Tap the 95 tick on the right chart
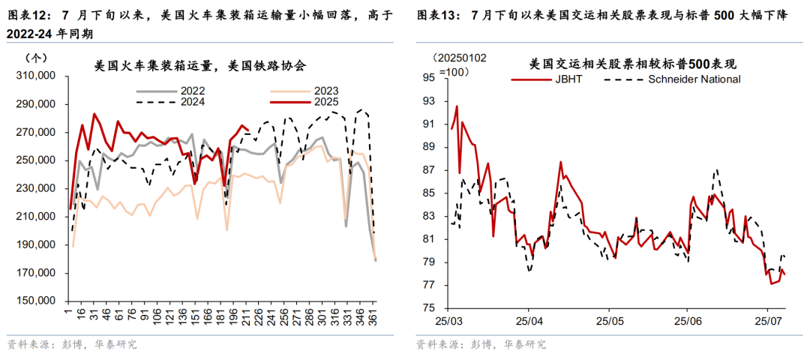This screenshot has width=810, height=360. (429, 77)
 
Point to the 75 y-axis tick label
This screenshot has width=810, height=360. (429, 307)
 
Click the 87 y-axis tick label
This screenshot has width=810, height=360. (429, 169)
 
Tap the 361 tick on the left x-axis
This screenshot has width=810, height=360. (369, 316)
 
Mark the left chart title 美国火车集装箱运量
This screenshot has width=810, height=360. (200, 66)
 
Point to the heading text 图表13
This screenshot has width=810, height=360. (438, 15)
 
